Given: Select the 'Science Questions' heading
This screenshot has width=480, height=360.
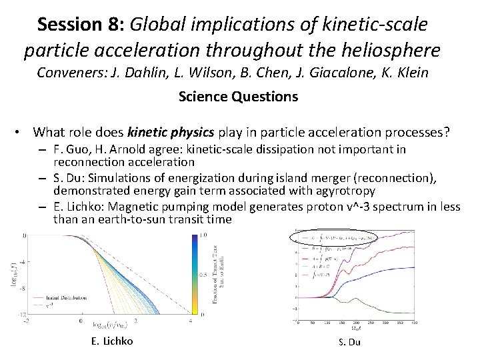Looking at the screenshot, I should click(238, 97).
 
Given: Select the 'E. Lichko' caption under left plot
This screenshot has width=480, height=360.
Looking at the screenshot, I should click(111, 341).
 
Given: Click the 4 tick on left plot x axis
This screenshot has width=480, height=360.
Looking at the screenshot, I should click(191, 321).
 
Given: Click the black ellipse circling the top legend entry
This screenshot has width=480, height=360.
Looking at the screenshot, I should click(333, 237).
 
